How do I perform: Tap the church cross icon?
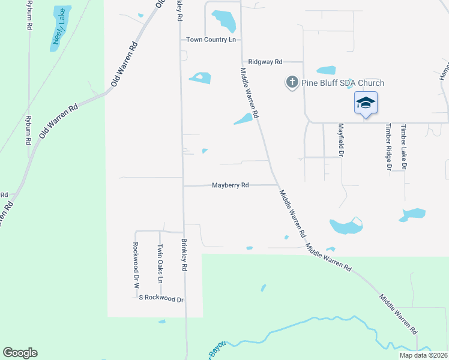tap(292, 83)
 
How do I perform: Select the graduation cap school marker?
tap(366, 103)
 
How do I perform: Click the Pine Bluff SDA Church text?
tap(342, 83)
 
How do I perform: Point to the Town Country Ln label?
tap(211, 40)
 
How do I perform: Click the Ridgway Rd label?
tap(265, 62)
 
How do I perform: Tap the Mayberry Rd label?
tap(230, 185)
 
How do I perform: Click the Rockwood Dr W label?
tap(136, 262)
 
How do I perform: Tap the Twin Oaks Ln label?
tap(160, 264)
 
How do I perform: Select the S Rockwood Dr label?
tap(161, 298)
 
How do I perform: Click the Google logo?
tap(20, 353)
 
